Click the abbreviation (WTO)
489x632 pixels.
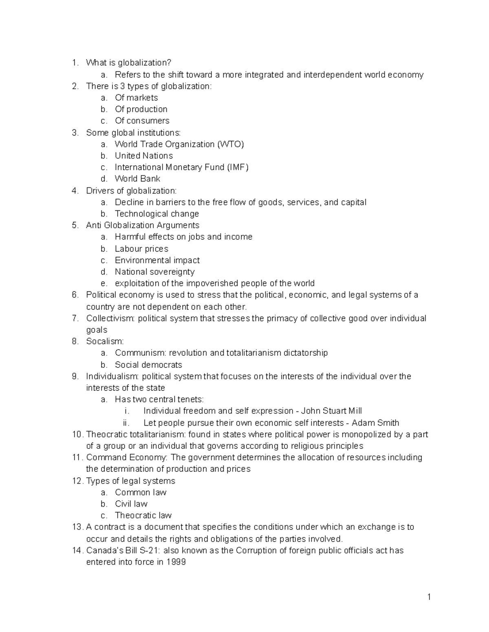click(231, 144)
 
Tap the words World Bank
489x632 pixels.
click(137, 179)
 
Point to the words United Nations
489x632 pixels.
click(143, 156)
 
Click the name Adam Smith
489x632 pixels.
click(375, 423)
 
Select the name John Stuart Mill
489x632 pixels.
click(331, 411)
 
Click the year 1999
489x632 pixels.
click(176, 562)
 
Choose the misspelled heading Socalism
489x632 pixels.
click(105, 341)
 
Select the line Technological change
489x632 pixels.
click(157, 214)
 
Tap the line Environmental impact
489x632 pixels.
click(157, 260)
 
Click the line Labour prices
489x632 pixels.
click(141, 249)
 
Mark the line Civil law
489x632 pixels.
click(131, 504)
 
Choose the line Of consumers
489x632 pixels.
click(142, 121)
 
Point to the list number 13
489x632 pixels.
click(77, 527)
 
